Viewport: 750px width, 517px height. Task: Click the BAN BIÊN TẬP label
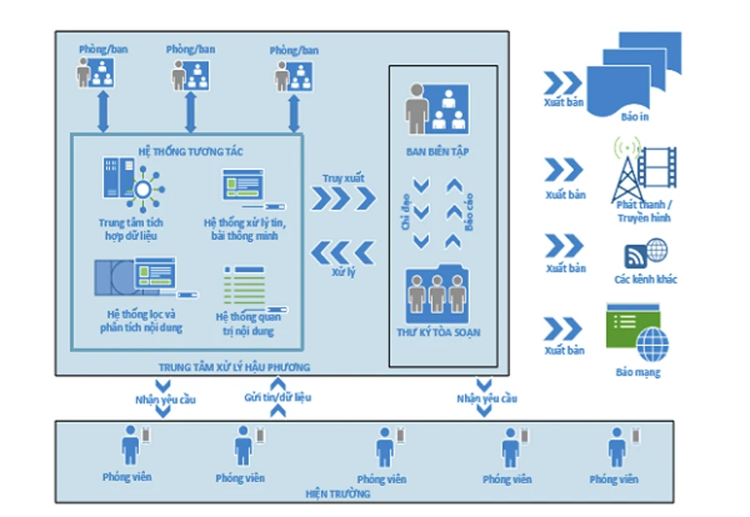point(437,152)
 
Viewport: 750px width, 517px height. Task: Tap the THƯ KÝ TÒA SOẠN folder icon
point(437,295)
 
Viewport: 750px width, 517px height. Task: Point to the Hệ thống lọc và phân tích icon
point(146,277)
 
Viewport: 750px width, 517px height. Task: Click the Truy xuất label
point(343,178)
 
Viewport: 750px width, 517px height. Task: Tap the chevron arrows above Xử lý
point(343,252)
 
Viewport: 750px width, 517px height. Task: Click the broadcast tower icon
point(627,171)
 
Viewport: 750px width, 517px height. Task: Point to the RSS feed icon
point(635,256)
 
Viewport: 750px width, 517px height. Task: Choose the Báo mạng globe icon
point(652,344)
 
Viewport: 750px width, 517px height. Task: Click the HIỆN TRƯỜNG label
point(337,494)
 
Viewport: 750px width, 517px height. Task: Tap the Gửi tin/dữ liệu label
point(277,398)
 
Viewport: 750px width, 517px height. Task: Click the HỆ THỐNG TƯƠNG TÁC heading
point(190,152)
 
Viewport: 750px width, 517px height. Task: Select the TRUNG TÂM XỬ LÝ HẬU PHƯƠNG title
point(234,367)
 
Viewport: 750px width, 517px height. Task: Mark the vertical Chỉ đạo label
point(406,211)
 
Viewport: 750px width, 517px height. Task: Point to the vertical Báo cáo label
point(469,211)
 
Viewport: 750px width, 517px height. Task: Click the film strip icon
point(658,167)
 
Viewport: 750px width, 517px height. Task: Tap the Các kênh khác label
point(646,279)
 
